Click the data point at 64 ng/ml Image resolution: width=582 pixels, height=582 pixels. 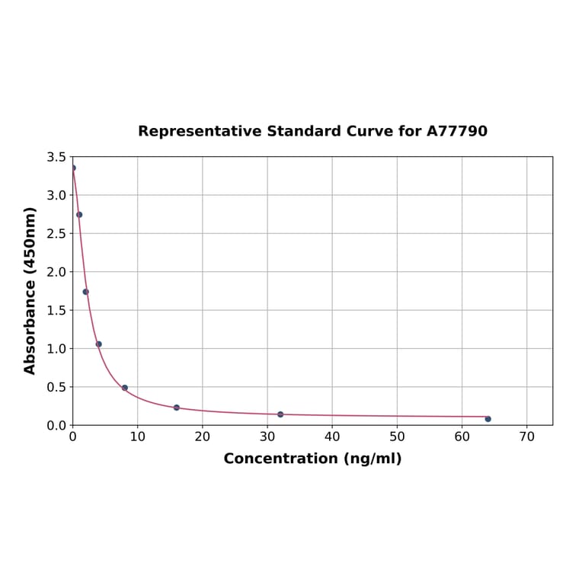coord(488,419)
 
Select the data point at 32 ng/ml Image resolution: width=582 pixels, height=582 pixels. coord(280,414)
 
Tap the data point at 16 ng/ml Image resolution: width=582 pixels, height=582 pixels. coord(177,408)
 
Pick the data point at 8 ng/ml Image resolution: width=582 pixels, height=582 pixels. coord(125,388)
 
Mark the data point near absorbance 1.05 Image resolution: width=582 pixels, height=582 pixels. coord(98,344)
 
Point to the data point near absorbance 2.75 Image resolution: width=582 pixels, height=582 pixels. coord(79,215)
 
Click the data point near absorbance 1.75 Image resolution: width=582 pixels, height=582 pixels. coord(85,292)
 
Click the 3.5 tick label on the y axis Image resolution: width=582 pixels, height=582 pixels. coord(56,157)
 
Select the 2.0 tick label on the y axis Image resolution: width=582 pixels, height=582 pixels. coord(56,272)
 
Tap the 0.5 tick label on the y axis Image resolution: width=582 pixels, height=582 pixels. coord(56,387)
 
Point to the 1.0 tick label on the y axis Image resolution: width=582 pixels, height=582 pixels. coord(56,349)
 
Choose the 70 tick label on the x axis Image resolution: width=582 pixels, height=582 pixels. coord(526,437)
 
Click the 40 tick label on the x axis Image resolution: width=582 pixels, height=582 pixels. coord(332,437)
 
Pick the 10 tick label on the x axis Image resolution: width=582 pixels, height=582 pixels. coord(137,437)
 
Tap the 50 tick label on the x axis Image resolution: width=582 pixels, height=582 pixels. coord(397,437)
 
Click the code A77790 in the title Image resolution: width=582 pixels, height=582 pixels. coord(457,132)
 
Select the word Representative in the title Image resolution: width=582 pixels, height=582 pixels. coord(200,132)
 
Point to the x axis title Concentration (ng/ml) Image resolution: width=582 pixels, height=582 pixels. coord(312,459)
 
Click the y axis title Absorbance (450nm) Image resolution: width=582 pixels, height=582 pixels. coord(30,290)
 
